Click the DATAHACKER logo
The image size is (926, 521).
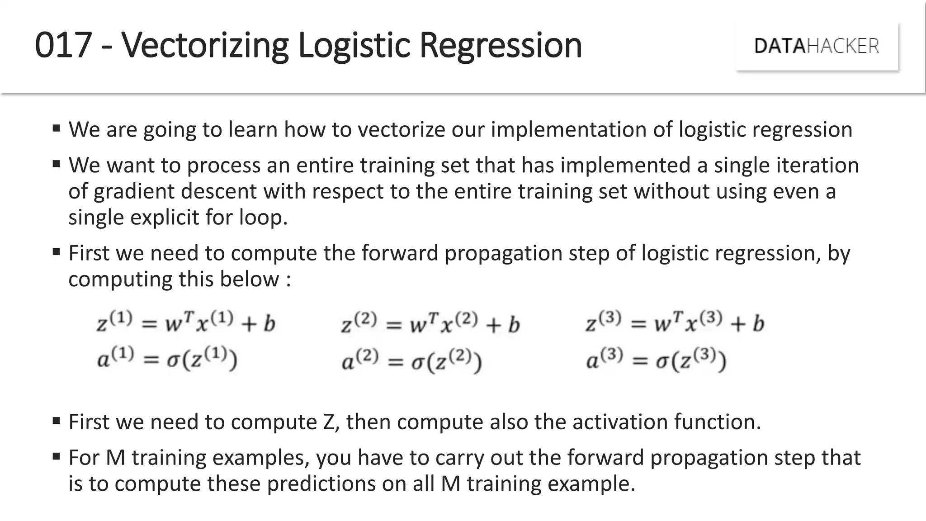coord(817,46)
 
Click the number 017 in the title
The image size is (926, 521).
coord(63,45)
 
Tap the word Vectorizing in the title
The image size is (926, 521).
coord(205,45)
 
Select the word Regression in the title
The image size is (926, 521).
coord(501,45)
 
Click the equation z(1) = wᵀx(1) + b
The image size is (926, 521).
coord(186,323)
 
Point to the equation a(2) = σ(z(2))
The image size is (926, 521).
coord(411,362)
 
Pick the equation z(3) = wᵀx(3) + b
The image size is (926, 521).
coord(675,323)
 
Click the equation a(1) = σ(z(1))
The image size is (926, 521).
coord(167,360)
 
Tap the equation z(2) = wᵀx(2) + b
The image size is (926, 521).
coord(430,324)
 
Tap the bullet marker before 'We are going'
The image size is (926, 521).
coord(56,128)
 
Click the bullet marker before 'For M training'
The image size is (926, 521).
coord(56,456)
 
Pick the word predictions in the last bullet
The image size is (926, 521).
coord(321,484)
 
